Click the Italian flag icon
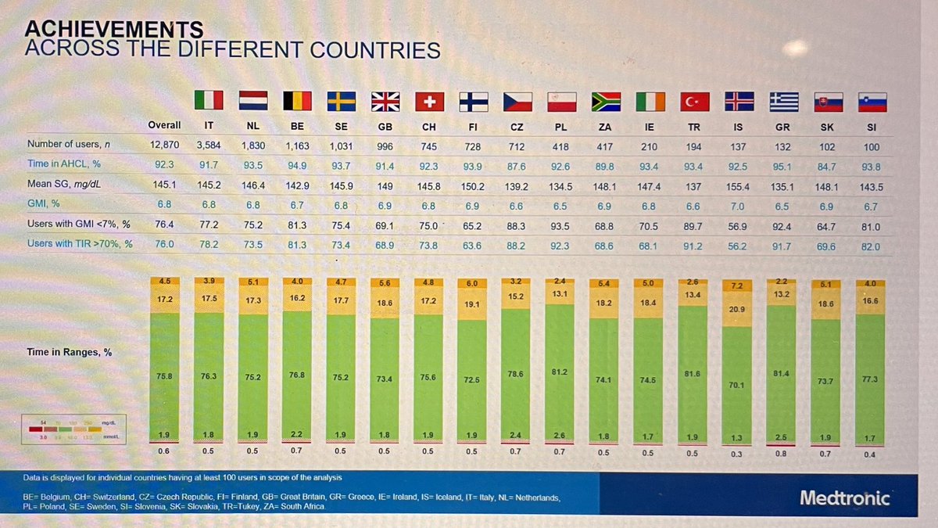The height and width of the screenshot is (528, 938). click(208, 100)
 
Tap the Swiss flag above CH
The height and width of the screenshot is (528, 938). click(428, 101)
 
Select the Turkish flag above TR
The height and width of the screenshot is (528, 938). click(693, 102)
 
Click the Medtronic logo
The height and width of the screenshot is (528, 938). click(844, 497)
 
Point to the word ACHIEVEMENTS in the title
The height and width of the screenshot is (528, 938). click(114, 30)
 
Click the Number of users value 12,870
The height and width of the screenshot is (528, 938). click(164, 145)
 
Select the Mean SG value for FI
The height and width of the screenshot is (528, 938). click(472, 186)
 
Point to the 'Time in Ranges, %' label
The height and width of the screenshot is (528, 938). click(70, 352)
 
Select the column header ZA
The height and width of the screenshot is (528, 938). click(604, 127)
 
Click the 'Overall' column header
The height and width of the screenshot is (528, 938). click(164, 125)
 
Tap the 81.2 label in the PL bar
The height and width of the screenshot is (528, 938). click(560, 372)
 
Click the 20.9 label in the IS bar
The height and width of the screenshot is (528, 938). click(738, 310)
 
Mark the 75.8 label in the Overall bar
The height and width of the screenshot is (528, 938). click(164, 376)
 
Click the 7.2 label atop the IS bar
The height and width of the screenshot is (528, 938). click(738, 286)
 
